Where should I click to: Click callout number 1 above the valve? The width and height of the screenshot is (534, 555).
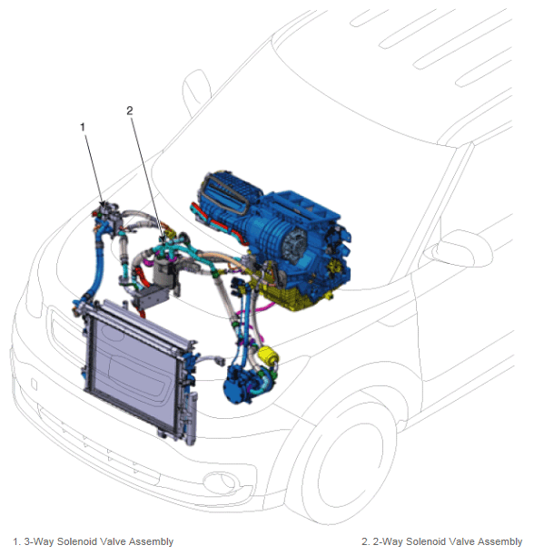pyautogui.click(x=83, y=127)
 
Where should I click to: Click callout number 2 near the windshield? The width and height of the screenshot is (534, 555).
pyautogui.click(x=130, y=111)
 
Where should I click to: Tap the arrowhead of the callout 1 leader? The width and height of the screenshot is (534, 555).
pyautogui.click(x=104, y=205)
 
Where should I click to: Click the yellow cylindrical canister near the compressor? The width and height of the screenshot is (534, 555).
pyautogui.click(x=268, y=355)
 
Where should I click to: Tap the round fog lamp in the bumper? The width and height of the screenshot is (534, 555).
pyautogui.click(x=220, y=482)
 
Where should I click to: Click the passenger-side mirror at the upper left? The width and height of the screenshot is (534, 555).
pyautogui.click(x=196, y=92)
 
